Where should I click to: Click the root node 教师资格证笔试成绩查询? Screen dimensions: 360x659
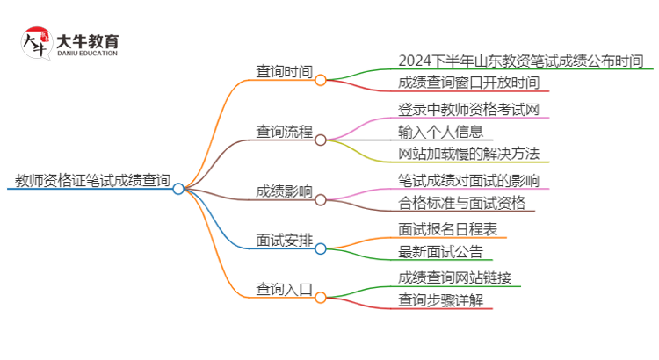pos(92,181)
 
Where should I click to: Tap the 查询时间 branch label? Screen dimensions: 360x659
pos(284,72)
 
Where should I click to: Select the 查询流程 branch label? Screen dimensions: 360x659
pos(284,132)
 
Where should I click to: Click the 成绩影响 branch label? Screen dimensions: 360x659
pos(284,191)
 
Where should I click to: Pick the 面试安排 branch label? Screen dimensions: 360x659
pos(284,240)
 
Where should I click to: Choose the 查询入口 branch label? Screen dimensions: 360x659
pos(284,288)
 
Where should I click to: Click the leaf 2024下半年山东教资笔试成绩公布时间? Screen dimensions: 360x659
pos(520,61)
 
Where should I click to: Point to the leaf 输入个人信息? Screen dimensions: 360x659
pos(440,132)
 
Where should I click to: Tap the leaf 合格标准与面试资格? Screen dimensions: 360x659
pos(461,204)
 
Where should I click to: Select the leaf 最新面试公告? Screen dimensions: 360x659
pos(440,252)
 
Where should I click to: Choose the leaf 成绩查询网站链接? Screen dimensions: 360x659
pos(454,277)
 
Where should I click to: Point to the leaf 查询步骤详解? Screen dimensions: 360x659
pos(440,300)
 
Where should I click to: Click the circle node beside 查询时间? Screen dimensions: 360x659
pos(321,80)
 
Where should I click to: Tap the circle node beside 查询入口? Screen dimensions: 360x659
pos(321,296)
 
